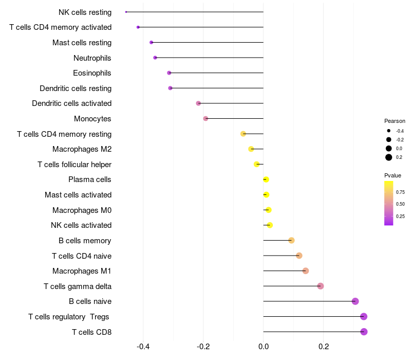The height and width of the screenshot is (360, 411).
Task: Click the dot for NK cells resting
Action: point(126,12)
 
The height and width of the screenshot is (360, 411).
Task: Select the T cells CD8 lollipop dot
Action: point(364,332)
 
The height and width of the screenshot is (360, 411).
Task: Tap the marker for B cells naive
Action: point(355,301)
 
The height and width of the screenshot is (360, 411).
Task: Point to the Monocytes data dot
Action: point(206,119)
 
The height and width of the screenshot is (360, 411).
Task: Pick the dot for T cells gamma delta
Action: point(321,286)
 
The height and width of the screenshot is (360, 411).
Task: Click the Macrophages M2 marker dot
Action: point(251,149)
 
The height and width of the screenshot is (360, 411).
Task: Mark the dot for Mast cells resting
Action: point(151,42)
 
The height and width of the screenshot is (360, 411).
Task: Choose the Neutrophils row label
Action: point(92,58)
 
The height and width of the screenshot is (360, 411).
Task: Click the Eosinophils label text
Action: point(92,73)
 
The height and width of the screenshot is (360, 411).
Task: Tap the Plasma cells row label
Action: point(90,179)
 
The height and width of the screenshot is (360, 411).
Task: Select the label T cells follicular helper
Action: point(74,165)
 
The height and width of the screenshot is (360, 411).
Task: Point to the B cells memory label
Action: point(85,241)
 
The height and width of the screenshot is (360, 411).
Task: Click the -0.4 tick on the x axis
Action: point(143,347)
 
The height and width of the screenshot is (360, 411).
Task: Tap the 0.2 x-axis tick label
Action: point(324,347)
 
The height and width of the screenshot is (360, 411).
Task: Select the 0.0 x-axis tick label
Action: point(263,347)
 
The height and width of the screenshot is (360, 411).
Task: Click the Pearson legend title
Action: point(395,121)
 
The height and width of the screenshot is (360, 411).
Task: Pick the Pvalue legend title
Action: point(393,175)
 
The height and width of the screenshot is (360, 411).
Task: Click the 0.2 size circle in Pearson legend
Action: point(389,157)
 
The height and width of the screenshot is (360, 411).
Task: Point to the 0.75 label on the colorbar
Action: point(401,192)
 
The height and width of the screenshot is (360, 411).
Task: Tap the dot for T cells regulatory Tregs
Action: point(364,316)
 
